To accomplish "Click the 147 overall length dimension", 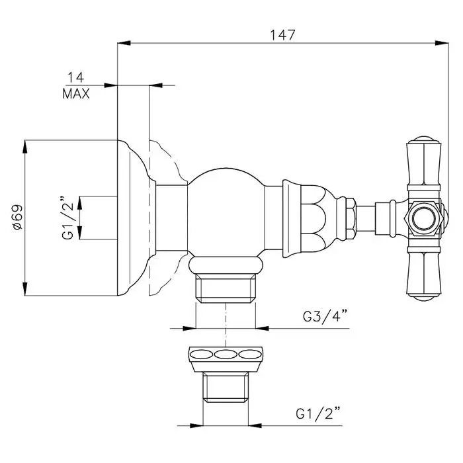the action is (x=282, y=35).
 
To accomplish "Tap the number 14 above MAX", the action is (x=76, y=77).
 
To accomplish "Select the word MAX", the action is (x=76, y=94).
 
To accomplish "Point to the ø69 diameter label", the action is (x=18, y=218).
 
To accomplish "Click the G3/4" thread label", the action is (x=325, y=316).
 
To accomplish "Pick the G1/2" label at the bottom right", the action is (x=318, y=413).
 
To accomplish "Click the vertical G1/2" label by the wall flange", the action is (x=67, y=217).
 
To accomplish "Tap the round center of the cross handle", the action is (x=423, y=219).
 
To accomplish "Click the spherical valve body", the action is (x=226, y=212).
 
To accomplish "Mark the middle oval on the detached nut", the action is (x=226, y=355).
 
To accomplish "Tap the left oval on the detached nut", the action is (x=201, y=355).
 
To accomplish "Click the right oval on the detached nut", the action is (x=251, y=355).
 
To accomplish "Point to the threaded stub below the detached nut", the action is (x=226, y=388).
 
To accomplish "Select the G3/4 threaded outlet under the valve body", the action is (x=226, y=288).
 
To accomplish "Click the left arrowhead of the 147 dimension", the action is (x=124, y=43).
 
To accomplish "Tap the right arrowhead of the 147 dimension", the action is (x=442, y=43).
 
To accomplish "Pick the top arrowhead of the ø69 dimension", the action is (x=25, y=146).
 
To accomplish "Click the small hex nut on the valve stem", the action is (x=350, y=219).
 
